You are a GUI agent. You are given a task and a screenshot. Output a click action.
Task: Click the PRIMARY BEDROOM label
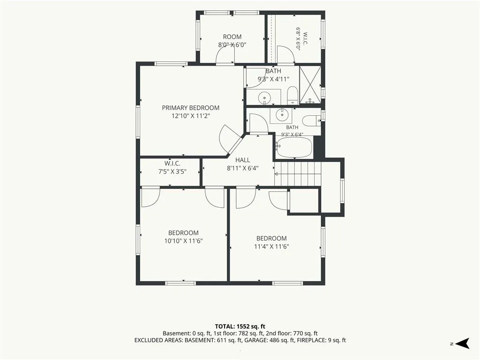click(190, 108)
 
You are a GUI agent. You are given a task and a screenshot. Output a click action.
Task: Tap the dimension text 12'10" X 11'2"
click(190, 116)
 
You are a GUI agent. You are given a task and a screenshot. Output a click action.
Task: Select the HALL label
click(242, 160)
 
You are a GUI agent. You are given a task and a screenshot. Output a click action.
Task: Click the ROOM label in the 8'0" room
click(232, 37)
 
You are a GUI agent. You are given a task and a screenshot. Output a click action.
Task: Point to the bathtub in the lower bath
click(293, 147)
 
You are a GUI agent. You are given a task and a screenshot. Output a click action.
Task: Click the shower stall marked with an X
click(310, 84)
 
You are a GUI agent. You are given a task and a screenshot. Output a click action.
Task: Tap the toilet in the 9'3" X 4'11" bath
click(292, 95)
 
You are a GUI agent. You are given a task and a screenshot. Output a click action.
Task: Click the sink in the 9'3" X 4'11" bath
click(264, 98)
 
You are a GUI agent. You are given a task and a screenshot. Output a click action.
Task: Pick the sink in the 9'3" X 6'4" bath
click(281, 115)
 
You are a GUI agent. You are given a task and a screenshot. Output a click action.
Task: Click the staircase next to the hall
click(298, 174)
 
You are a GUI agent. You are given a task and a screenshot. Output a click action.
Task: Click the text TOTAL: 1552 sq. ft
click(240, 326)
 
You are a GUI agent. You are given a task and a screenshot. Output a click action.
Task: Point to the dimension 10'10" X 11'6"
click(183, 241)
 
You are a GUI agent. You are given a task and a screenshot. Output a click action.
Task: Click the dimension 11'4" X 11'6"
click(271, 247)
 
